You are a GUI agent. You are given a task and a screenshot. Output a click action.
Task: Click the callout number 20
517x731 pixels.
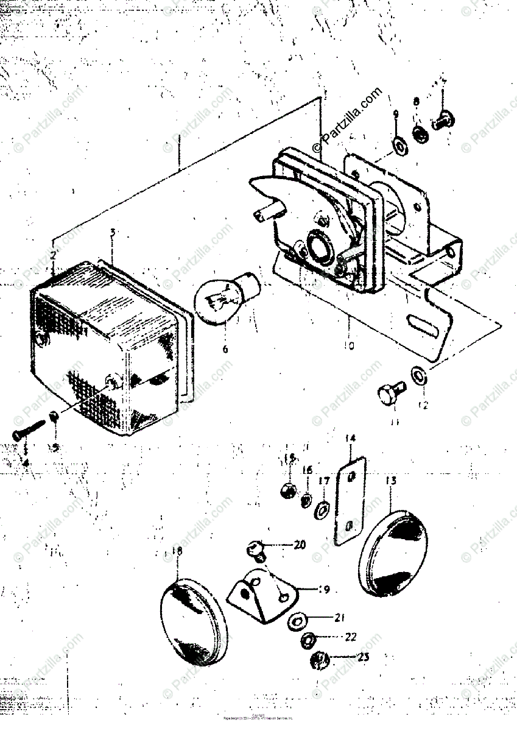click(299, 545)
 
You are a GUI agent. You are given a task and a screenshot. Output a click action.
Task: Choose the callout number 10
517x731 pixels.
click(348, 345)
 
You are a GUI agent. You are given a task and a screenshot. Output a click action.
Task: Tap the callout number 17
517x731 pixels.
click(325, 481)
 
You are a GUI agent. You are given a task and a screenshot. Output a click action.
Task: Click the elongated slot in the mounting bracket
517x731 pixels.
click(425, 325)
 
